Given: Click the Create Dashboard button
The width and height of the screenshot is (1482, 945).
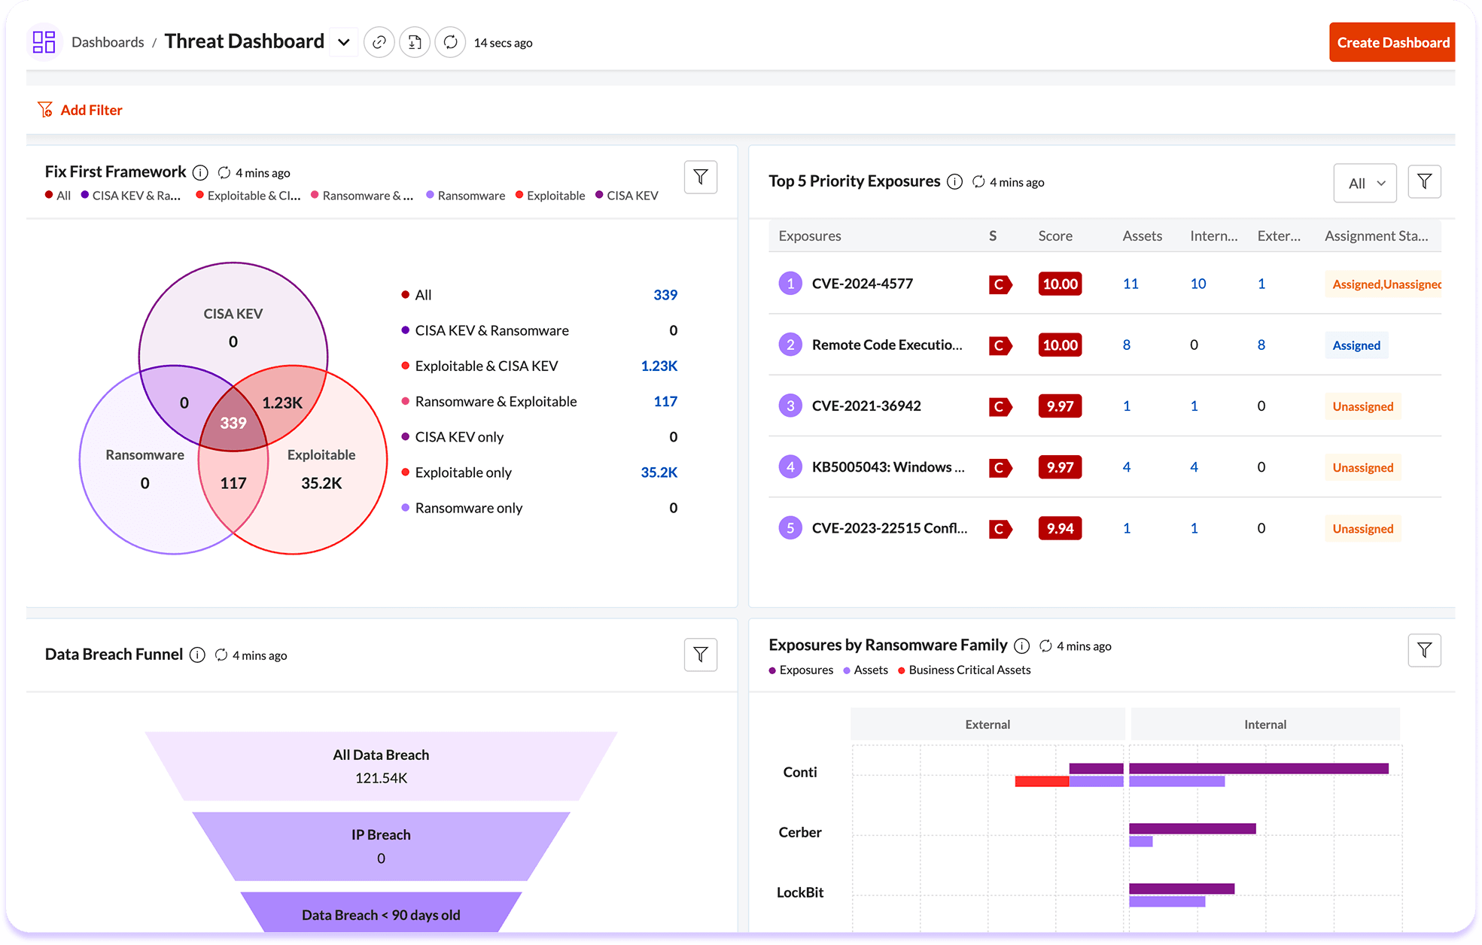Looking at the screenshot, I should click(1392, 42).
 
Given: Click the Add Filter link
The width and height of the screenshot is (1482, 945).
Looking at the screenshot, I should click(90, 110).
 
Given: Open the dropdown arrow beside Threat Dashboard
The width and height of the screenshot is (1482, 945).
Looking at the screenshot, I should click(344, 42).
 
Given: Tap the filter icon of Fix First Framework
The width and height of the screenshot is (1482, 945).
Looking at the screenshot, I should click(700, 178).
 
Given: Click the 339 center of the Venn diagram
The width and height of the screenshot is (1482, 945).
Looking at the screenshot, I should click(233, 423).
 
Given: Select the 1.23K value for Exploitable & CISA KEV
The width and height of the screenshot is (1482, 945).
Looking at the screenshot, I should click(659, 366).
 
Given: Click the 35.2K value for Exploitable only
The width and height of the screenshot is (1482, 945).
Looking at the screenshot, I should click(659, 472).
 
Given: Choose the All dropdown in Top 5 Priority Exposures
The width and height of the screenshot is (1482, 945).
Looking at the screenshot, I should click(1365, 183).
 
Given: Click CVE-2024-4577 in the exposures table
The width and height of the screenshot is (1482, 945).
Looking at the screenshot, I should click(862, 284).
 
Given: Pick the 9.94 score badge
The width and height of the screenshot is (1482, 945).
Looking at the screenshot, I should click(1060, 528).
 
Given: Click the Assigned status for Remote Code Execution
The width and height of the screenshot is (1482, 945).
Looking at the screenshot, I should click(1356, 345).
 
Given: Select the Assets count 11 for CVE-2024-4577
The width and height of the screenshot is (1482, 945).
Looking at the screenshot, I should click(1130, 284).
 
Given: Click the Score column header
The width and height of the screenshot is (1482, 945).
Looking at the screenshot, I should click(1054, 236).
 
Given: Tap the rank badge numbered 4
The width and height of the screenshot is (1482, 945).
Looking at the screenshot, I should click(790, 466).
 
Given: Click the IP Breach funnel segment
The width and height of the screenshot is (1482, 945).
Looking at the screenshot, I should click(381, 846).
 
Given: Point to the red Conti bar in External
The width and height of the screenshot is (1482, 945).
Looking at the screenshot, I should click(1042, 782).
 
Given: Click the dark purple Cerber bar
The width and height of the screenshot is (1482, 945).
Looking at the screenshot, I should click(1192, 828).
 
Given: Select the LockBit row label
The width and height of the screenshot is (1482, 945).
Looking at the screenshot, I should click(799, 892).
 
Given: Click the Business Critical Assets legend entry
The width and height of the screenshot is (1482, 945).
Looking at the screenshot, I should click(969, 670).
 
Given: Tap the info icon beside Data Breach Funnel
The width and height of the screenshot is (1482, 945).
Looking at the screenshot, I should click(197, 655).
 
